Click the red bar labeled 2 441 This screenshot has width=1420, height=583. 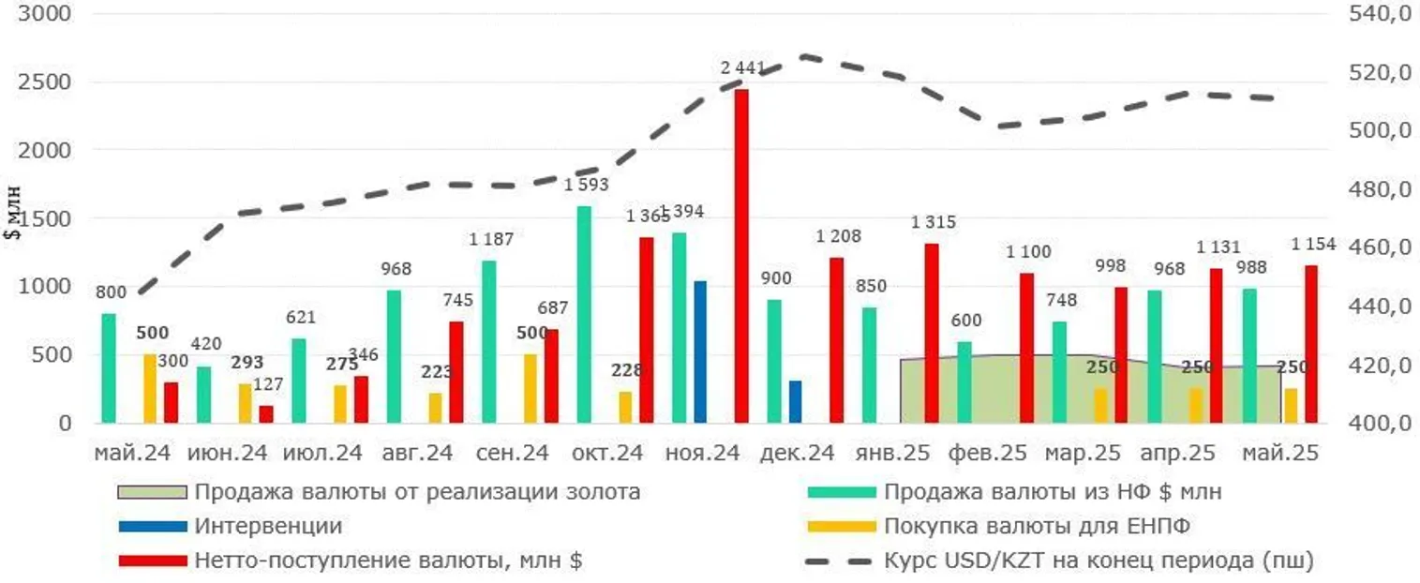click(741, 256)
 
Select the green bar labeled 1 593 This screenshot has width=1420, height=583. click(584, 314)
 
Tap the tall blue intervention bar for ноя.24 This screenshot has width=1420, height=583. click(700, 351)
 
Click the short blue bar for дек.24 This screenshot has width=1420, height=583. click(795, 401)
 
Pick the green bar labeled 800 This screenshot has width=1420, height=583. click(109, 367)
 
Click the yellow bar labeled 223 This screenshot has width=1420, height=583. click(435, 407)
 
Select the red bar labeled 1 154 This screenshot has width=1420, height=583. click(1311, 344)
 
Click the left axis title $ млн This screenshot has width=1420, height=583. click(13, 217)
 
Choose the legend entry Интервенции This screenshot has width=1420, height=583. click(268, 526)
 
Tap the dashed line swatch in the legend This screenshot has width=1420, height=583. click(839, 561)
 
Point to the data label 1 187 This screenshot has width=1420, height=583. click(491, 239)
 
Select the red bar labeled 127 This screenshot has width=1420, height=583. click(266, 414)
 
